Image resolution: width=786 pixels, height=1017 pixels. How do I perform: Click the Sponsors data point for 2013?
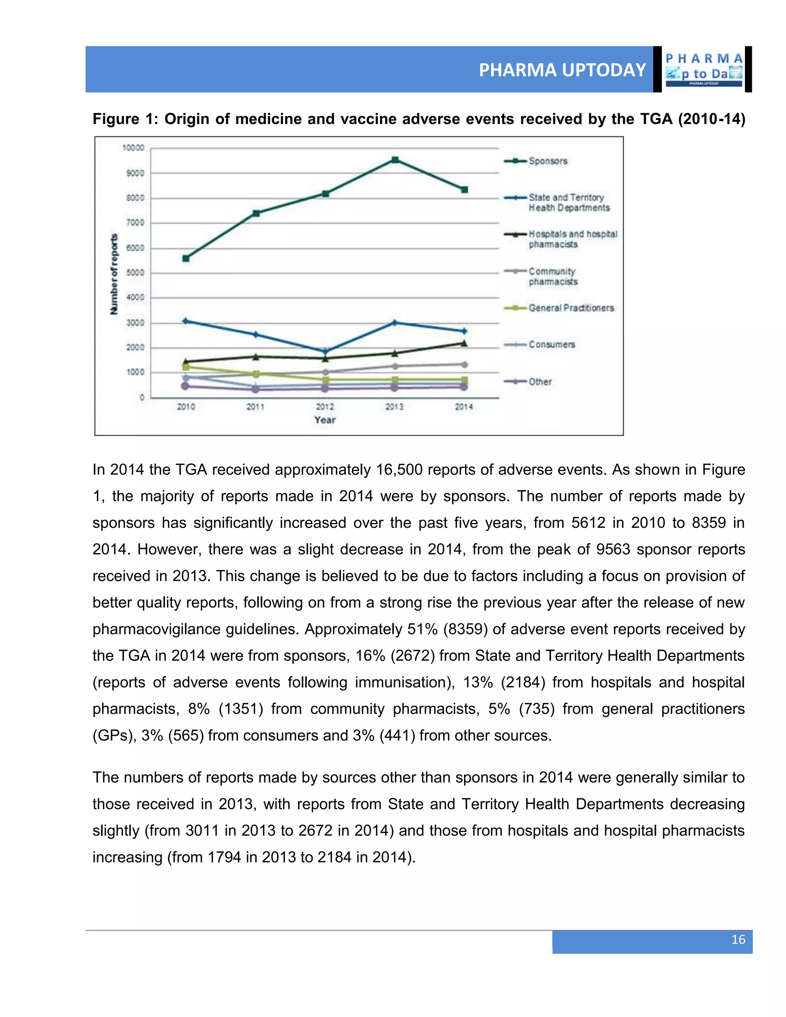pyautogui.click(x=395, y=160)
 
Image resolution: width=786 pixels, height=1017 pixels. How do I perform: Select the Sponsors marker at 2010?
pyautogui.click(x=186, y=258)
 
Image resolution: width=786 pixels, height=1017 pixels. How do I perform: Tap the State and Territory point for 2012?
pyautogui.click(x=325, y=351)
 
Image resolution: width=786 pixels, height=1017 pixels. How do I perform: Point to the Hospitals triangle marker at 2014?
pyautogui.click(x=464, y=343)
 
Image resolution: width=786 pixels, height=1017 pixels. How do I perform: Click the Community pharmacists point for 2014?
pyautogui.click(x=464, y=365)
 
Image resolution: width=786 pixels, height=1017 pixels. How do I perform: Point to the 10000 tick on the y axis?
pyautogui.click(x=133, y=148)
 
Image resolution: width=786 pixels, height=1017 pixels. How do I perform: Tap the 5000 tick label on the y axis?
pyautogui.click(x=135, y=273)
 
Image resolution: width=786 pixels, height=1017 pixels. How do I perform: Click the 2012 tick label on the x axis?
pyautogui.click(x=325, y=407)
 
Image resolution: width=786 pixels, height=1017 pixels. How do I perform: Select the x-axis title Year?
pyautogui.click(x=325, y=420)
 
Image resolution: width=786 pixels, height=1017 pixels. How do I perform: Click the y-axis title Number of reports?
pyautogui.click(x=114, y=274)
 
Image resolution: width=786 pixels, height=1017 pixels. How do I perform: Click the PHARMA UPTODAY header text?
pyautogui.click(x=562, y=70)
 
